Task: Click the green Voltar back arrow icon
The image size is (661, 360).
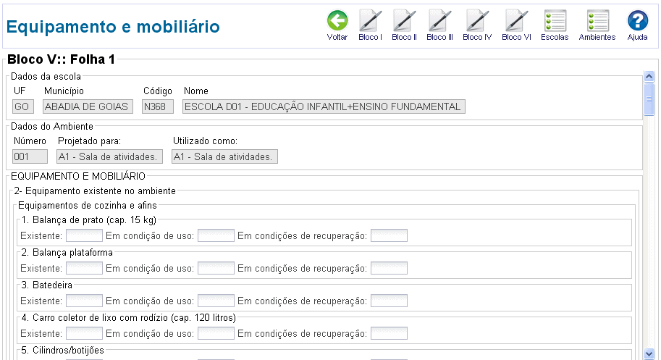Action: tap(337, 21)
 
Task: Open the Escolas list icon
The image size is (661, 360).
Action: tap(555, 21)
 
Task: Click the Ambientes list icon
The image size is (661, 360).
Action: tap(598, 21)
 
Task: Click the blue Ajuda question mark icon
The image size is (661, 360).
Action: tap(637, 21)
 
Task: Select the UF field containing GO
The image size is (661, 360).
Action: tap(23, 106)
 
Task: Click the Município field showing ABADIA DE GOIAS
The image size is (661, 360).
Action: tap(88, 106)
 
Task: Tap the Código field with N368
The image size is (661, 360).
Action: tap(158, 106)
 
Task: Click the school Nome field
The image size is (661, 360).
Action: tap(324, 106)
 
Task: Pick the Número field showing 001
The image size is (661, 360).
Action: tap(30, 156)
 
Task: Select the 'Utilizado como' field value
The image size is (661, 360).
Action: tap(224, 156)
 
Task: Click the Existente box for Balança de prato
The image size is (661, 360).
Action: tap(84, 235)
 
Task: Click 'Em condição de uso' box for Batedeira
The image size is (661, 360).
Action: tap(216, 301)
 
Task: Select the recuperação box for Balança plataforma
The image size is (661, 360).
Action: tap(389, 268)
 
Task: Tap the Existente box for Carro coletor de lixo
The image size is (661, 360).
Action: tap(84, 333)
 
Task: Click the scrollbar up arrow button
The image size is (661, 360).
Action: tap(649, 76)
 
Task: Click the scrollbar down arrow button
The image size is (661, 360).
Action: tap(649, 353)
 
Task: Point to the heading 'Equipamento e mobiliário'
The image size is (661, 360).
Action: tap(113, 27)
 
